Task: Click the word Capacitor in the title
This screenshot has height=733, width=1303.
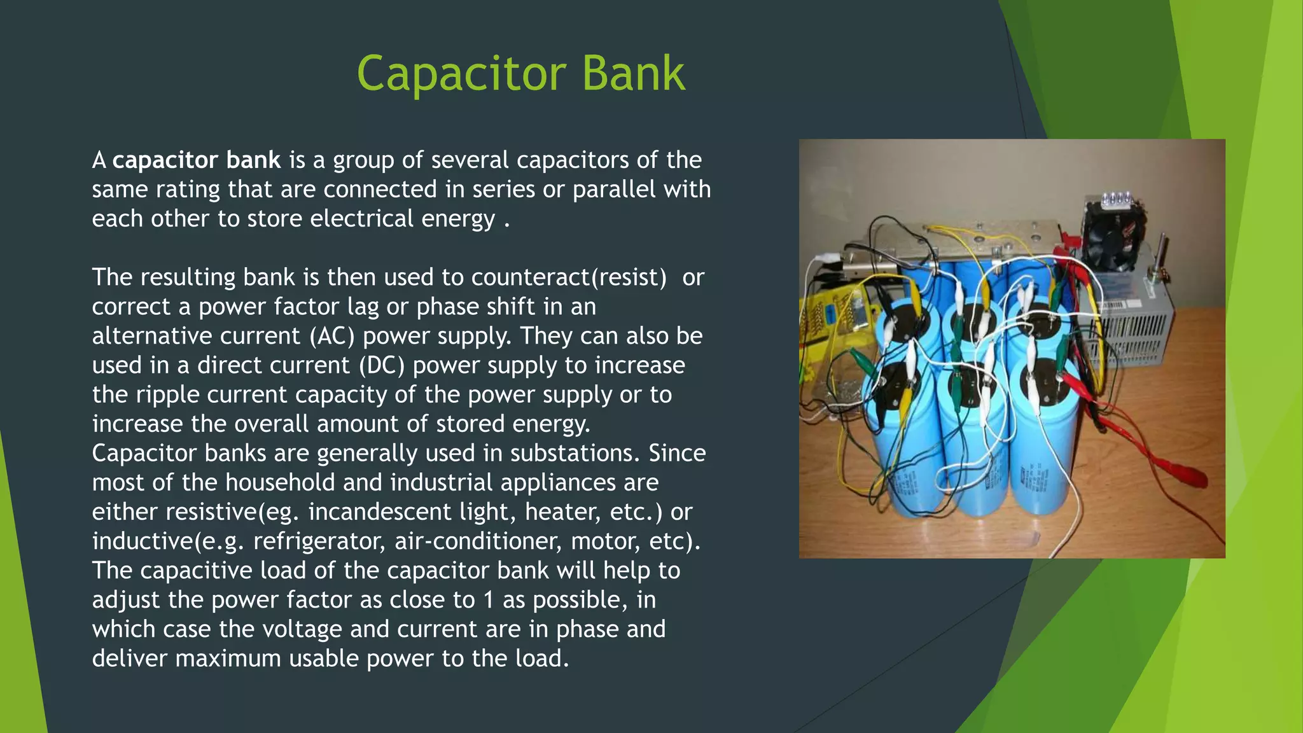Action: point(461,74)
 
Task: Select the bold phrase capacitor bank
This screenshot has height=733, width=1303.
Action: point(196,160)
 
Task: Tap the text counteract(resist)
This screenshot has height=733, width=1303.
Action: point(569,277)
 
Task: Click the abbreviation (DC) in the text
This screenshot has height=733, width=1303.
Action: point(381,365)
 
